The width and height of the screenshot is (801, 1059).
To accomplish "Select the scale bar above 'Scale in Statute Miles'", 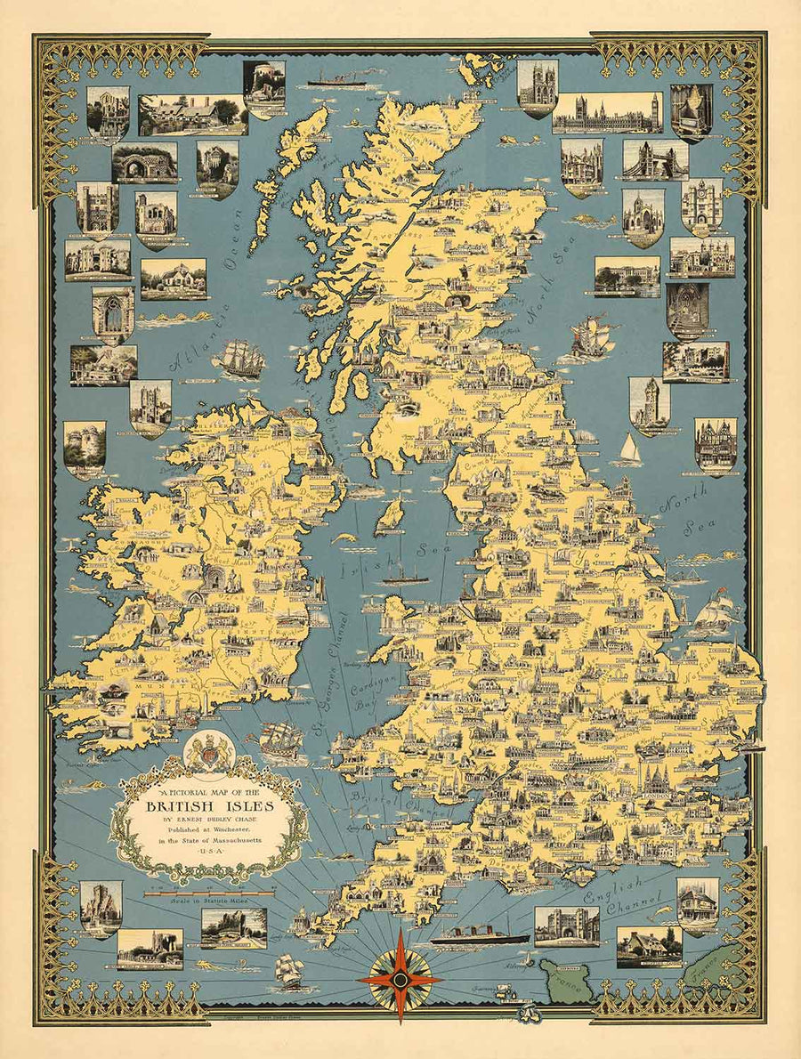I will [209, 893].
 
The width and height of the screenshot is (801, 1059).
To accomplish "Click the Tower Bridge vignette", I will [655, 159].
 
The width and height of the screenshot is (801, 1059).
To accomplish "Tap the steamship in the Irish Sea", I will [406, 578].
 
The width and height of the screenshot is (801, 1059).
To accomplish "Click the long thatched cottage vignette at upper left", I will [192, 114].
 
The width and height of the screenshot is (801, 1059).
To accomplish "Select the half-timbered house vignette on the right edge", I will [716, 445].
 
